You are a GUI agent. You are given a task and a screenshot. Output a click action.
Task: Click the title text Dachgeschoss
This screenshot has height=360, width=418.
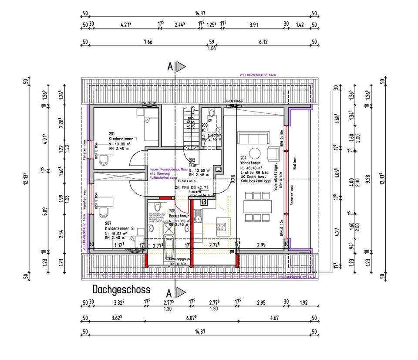tap(121, 289)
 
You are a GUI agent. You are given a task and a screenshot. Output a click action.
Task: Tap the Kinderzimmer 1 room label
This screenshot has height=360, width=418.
tap(123, 138)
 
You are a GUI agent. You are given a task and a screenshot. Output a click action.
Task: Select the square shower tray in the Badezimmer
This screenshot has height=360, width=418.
tap(169, 228)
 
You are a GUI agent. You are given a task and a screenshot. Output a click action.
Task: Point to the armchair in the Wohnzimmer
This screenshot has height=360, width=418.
tap(273, 153)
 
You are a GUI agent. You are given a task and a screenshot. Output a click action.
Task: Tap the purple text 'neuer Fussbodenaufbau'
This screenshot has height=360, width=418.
tap(168, 169)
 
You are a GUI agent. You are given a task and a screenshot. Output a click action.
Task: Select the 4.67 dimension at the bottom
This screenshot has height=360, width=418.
tap(274, 318)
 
